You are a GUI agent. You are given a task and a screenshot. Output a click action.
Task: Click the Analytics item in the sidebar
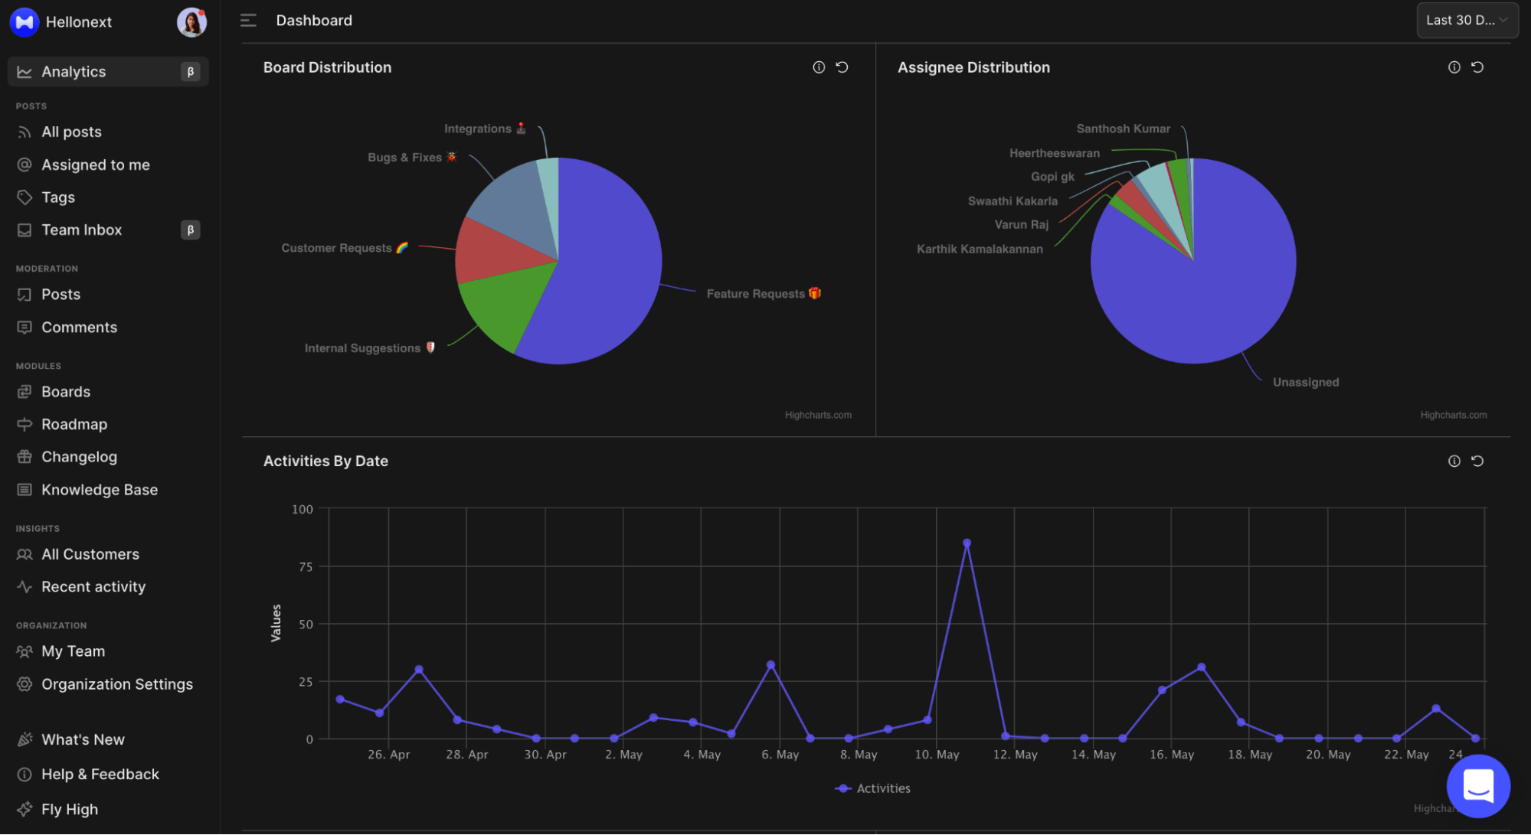click(74, 72)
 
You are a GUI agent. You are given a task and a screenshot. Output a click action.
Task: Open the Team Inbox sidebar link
click(81, 230)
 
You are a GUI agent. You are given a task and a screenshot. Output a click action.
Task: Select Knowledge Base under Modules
click(99, 490)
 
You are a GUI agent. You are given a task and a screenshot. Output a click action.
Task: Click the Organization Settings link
click(116, 684)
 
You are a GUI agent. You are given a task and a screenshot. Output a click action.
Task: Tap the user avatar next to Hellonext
click(191, 22)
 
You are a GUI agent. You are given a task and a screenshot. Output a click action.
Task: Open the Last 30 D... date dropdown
click(1466, 21)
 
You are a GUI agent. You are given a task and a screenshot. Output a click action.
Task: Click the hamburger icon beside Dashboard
click(248, 21)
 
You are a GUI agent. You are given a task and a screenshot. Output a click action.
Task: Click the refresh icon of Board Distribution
click(842, 67)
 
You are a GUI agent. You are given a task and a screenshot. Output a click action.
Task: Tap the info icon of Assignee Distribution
click(1454, 67)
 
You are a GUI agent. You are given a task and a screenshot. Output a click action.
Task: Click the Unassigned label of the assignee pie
click(1305, 383)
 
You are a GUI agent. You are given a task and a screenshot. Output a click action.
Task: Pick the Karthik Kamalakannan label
click(979, 250)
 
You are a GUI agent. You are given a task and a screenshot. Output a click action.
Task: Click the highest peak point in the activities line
click(967, 543)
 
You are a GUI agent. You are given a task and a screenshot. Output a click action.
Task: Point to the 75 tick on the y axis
click(306, 567)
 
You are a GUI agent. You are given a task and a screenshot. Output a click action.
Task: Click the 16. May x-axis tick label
click(1171, 755)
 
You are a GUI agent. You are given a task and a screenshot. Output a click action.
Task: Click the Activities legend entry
click(873, 788)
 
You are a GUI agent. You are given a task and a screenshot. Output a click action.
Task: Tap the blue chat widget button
click(1477, 786)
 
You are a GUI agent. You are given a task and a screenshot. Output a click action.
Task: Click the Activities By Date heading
click(326, 462)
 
